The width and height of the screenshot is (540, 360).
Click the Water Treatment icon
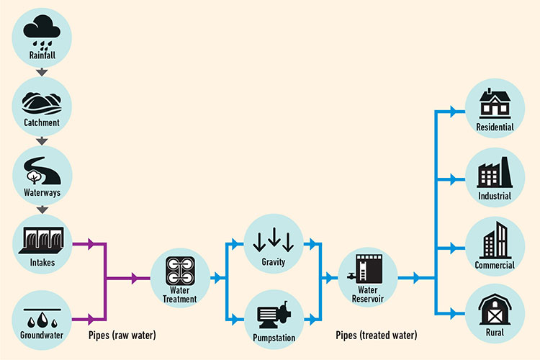tap(180, 271)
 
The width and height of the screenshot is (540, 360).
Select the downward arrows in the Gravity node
tap(274, 240)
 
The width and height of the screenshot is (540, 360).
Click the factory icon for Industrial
tap(495, 174)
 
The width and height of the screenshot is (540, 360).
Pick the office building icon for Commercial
tap(495, 240)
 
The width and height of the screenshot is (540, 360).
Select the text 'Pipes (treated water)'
tap(376, 336)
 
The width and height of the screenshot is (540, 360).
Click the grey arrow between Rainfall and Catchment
tap(42, 72)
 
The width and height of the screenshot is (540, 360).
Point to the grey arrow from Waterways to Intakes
tap(42, 210)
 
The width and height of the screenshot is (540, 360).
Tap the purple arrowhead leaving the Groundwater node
tap(91, 318)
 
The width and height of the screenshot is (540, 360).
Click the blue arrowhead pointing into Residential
tap(453, 111)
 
